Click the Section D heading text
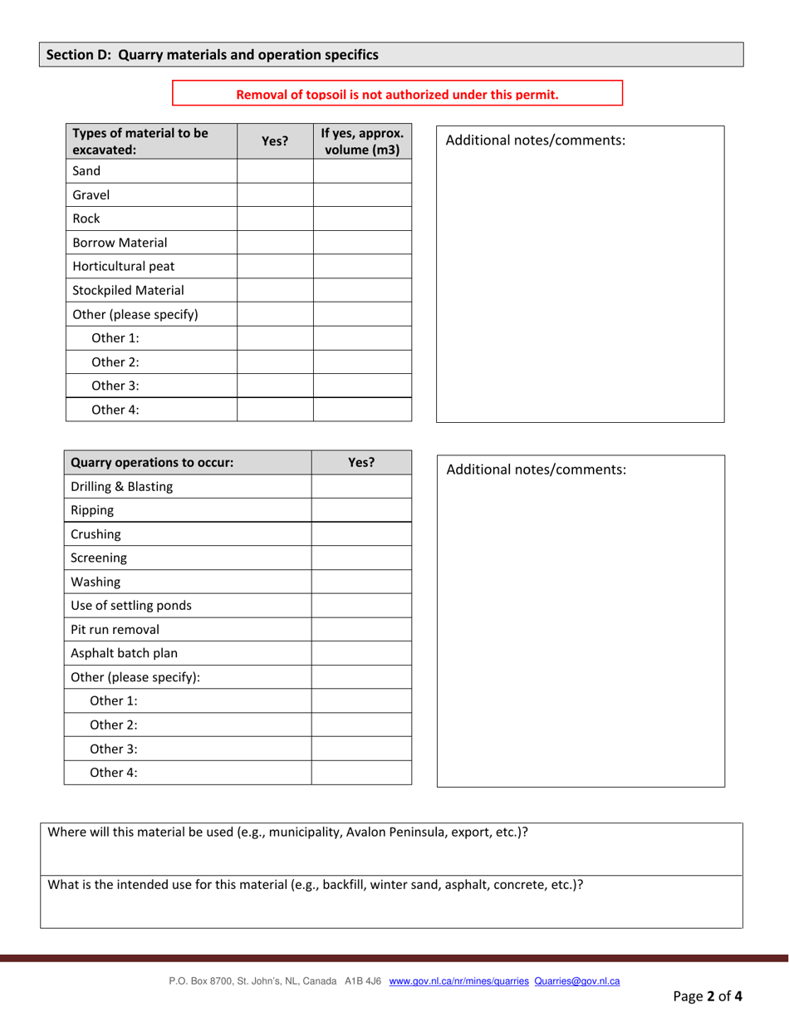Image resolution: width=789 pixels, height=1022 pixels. tap(212, 55)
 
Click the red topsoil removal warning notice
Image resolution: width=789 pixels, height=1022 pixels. tap(397, 94)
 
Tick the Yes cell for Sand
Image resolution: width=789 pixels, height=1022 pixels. tap(274, 172)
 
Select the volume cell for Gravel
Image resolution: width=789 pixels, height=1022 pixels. tap(362, 195)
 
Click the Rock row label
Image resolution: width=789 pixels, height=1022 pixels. tap(86, 219)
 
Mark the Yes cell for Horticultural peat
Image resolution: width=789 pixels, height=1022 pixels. tap(274, 267)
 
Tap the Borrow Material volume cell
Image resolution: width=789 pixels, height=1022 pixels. tap(362, 243)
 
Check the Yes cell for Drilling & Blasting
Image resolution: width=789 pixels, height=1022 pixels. tap(361, 487)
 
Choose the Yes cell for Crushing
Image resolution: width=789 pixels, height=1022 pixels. tap(361, 534)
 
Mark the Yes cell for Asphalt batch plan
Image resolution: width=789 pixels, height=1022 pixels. tap(361, 653)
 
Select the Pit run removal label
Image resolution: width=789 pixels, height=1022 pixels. tap(115, 629)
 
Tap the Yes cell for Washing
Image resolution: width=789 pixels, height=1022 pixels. tap(361, 582)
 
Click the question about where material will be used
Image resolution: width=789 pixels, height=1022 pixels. tap(288, 833)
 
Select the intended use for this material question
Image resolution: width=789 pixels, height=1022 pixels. tap(316, 885)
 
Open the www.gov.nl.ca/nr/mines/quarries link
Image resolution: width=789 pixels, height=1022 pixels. tap(458, 981)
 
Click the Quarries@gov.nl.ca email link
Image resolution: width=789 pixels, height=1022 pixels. tap(577, 981)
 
